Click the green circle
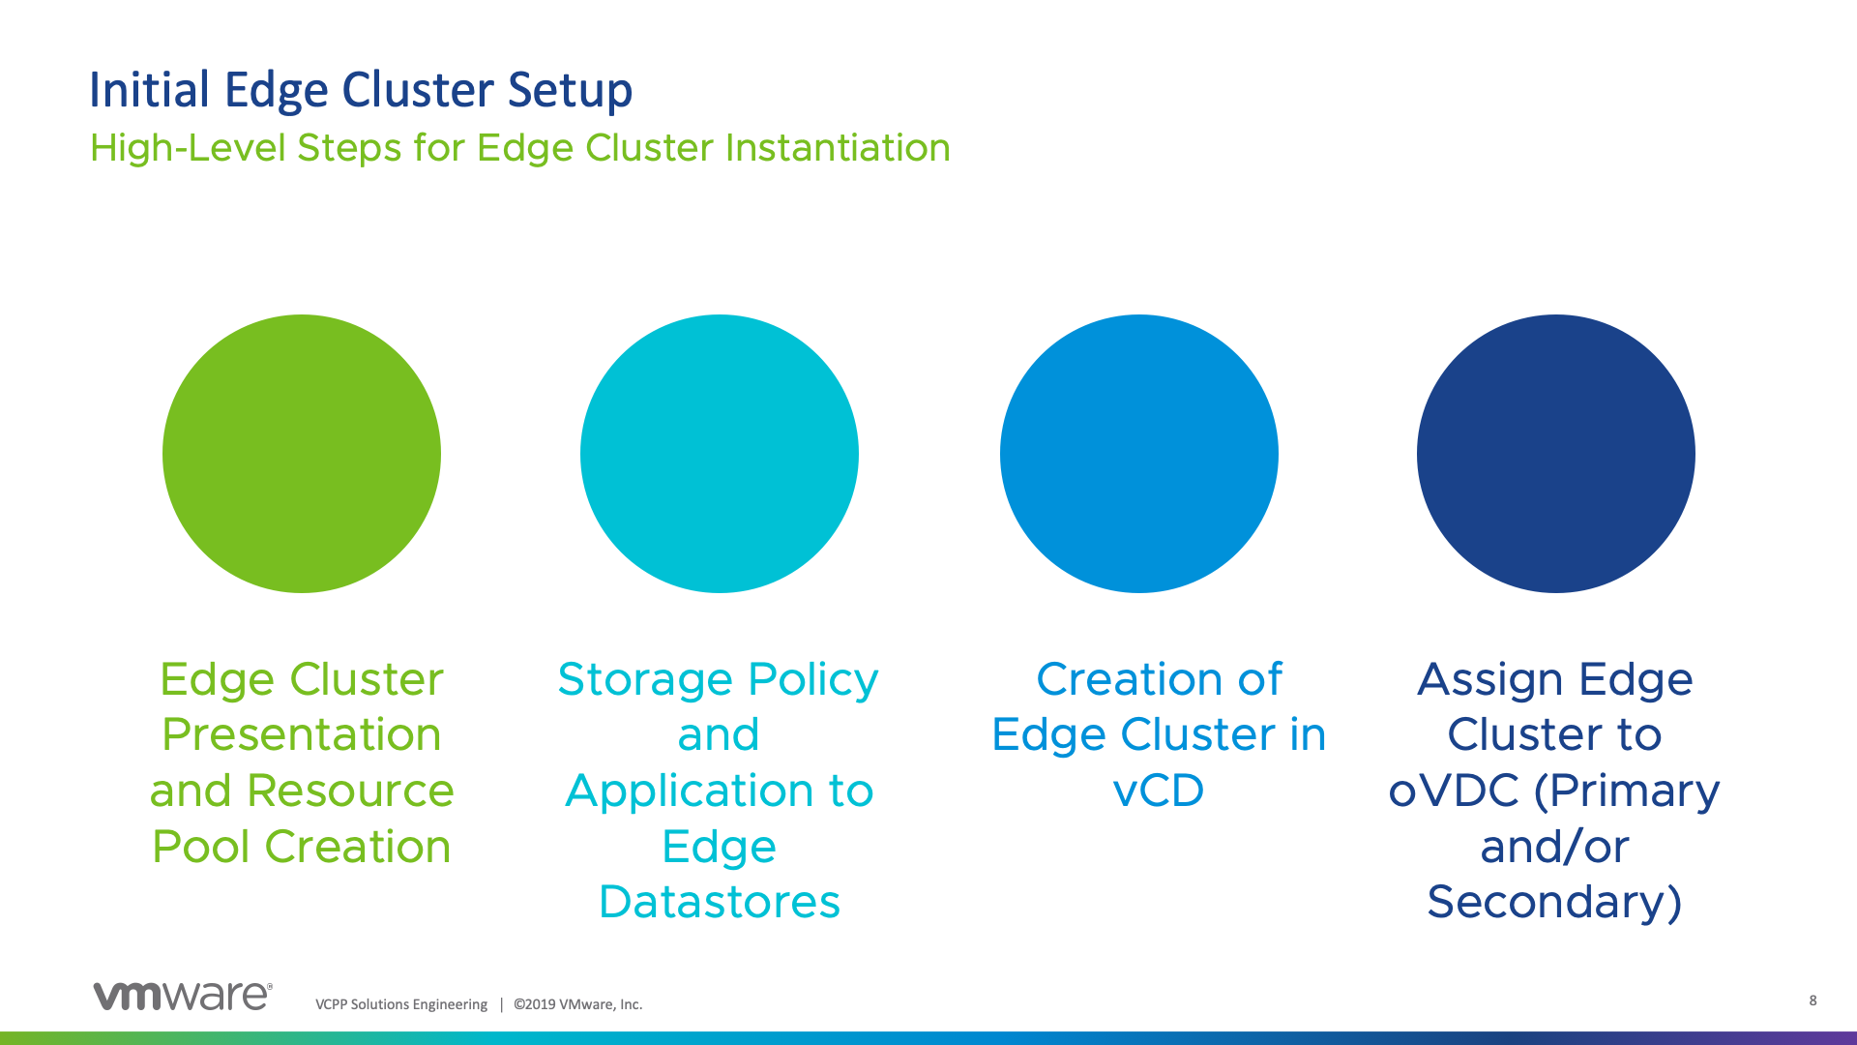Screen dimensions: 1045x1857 [302, 454]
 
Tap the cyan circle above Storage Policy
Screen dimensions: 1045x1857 [720, 454]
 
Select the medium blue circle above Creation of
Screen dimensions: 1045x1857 [1139, 454]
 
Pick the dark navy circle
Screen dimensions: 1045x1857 [1555, 454]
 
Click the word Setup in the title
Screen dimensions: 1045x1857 [570, 91]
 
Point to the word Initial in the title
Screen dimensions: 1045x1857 [149, 91]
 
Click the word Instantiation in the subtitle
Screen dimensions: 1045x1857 [838, 148]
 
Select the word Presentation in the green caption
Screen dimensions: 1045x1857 [302, 734]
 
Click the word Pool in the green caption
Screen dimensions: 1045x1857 [201, 847]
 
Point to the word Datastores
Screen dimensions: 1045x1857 [720, 902]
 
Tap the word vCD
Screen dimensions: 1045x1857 [1159, 791]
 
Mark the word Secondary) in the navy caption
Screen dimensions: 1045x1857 [1554, 902]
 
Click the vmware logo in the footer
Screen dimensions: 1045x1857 [183, 996]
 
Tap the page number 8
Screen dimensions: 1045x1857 [1813, 1000]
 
